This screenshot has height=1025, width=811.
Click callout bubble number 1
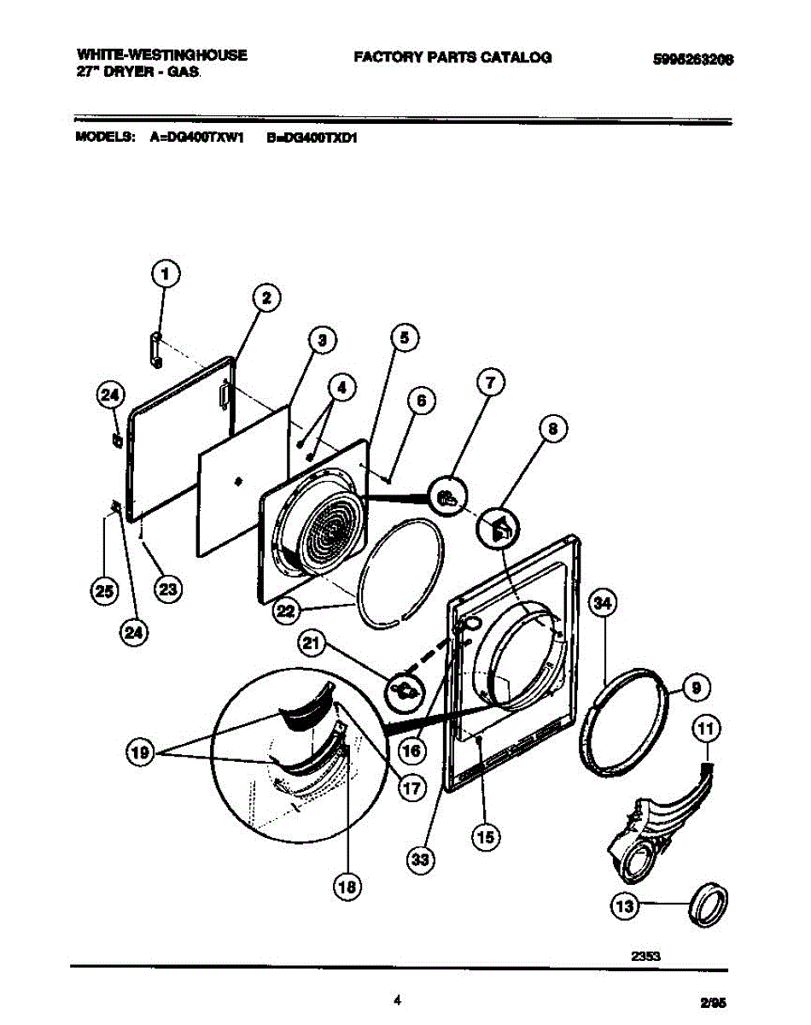(x=166, y=274)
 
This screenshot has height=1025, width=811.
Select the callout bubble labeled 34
(x=604, y=605)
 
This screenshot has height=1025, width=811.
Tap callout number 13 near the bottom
(x=625, y=906)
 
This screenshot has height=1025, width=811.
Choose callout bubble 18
(x=347, y=887)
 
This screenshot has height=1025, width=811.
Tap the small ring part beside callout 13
(x=710, y=905)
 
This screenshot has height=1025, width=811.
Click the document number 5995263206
(x=693, y=60)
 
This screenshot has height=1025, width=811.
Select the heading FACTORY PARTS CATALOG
(x=452, y=57)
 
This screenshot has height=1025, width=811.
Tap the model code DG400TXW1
(x=198, y=137)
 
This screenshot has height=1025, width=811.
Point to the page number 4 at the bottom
(x=398, y=1000)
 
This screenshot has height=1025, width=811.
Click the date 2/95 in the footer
(x=715, y=1005)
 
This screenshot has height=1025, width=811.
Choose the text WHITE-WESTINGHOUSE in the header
(x=161, y=55)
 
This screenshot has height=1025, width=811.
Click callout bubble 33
(x=419, y=859)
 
